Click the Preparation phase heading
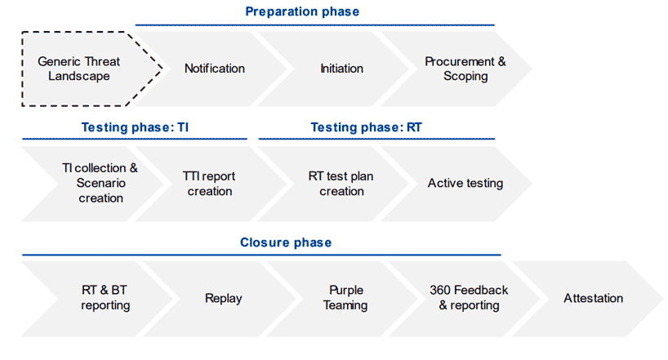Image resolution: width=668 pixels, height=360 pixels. point(302,11)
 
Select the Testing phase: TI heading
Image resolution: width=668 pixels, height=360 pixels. point(135,127)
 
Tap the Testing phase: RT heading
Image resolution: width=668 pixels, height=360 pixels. point(366,127)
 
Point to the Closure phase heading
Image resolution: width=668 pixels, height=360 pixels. point(286,242)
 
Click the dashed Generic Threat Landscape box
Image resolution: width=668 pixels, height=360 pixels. point(85,69)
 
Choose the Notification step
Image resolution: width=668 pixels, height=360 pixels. point(214,69)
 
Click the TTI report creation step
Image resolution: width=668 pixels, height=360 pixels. point(210,184)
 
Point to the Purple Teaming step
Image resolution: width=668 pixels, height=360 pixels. point(345,299)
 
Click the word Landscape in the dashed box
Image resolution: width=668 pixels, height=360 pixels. point(79,76)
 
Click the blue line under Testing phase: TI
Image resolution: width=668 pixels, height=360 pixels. point(135,139)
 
